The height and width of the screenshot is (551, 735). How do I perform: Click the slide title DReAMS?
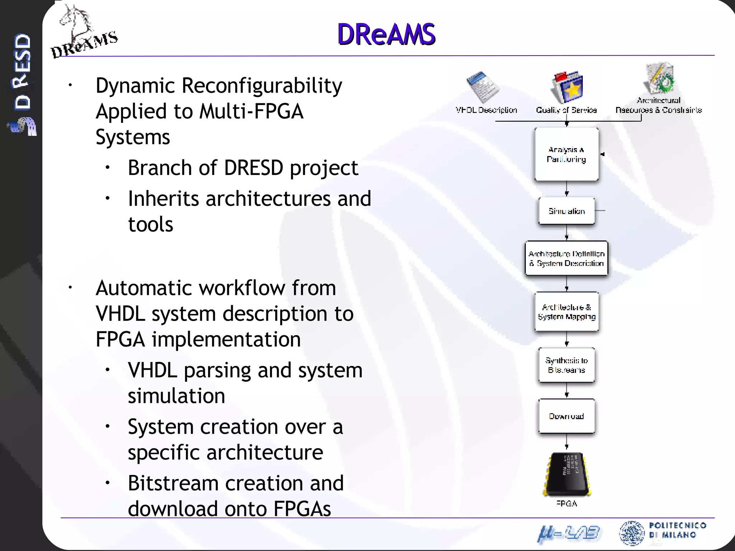point(386,34)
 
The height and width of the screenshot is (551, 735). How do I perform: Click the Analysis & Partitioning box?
point(566,154)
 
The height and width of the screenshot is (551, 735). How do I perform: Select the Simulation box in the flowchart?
point(566,211)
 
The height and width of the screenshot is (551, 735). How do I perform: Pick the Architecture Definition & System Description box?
point(566,258)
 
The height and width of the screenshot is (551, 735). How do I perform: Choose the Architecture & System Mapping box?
point(566,312)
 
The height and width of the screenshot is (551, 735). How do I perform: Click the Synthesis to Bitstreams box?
point(566,365)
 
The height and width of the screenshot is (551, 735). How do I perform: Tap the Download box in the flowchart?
point(566,416)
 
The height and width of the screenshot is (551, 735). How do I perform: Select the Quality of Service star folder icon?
point(567,87)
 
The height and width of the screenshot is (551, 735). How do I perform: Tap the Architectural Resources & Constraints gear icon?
point(660,78)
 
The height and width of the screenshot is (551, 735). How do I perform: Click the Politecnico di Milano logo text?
point(677,530)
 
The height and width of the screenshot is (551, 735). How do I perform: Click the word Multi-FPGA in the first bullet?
point(252,111)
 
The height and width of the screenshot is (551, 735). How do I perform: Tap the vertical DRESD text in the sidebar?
point(22,72)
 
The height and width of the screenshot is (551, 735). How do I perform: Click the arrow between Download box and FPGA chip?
point(567,443)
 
